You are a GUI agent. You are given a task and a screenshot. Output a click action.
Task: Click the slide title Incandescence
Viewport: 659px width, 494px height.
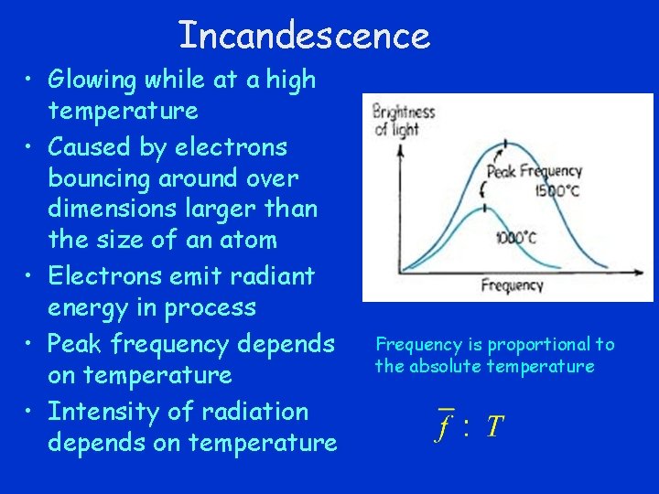(x=304, y=36)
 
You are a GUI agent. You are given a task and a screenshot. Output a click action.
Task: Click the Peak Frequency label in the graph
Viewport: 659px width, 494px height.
(x=534, y=171)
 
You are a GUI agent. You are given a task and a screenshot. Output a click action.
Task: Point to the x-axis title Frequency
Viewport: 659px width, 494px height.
(x=512, y=286)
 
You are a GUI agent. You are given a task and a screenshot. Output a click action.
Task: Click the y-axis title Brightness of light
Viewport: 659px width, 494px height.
(x=404, y=120)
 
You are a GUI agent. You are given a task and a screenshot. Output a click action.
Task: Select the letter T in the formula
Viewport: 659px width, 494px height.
(x=493, y=426)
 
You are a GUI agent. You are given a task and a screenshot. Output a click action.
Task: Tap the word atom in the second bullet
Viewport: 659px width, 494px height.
(x=246, y=241)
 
